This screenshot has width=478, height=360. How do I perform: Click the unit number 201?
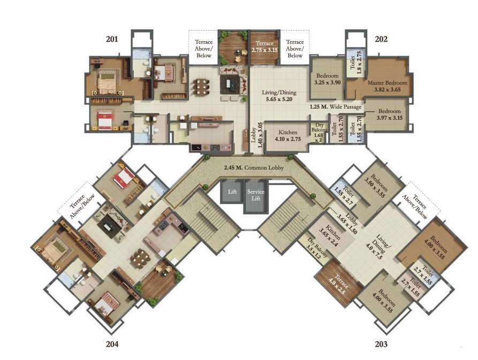(111, 39)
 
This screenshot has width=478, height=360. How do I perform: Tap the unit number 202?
(381, 39)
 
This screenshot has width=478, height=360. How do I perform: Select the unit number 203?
(381, 344)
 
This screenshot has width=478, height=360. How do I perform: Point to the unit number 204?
(112, 344)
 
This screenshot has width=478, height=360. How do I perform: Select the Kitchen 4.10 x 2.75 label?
(288, 135)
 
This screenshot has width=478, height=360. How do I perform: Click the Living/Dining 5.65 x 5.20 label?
(279, 96)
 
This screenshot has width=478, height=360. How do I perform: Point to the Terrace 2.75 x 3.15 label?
(264, 47)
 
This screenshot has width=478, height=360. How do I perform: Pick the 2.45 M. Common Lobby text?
(254, 167)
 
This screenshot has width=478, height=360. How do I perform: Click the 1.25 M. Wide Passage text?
(336, 107)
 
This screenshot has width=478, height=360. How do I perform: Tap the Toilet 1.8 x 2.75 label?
(356, 63)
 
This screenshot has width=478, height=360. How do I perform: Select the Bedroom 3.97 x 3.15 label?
(389, 114)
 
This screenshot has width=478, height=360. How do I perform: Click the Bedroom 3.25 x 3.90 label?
(328, 79)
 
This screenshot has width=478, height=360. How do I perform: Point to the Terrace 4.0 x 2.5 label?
(339, 284)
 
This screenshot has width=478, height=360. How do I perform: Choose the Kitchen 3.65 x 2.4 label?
(330, 236)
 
